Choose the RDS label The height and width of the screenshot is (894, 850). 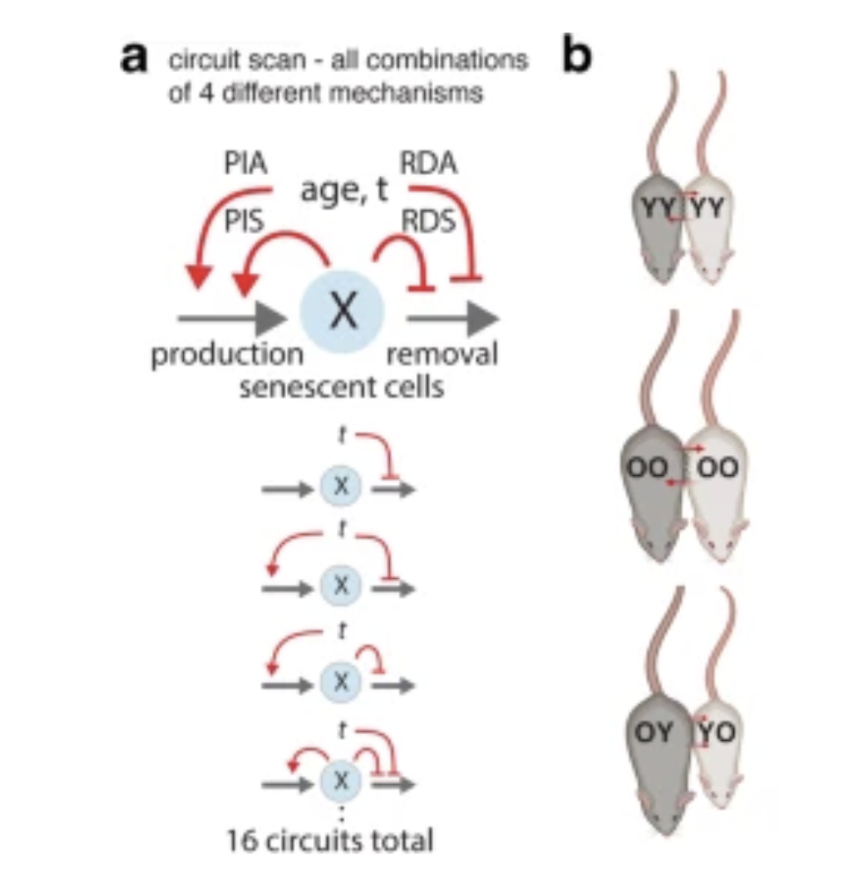tap(429, 221)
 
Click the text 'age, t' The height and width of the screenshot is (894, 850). tap(344, 190)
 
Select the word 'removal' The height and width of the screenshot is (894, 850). tap(443, 355)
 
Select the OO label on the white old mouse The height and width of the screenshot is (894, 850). tap(718, 467)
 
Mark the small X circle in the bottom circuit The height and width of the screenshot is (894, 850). tap(342, 780)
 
